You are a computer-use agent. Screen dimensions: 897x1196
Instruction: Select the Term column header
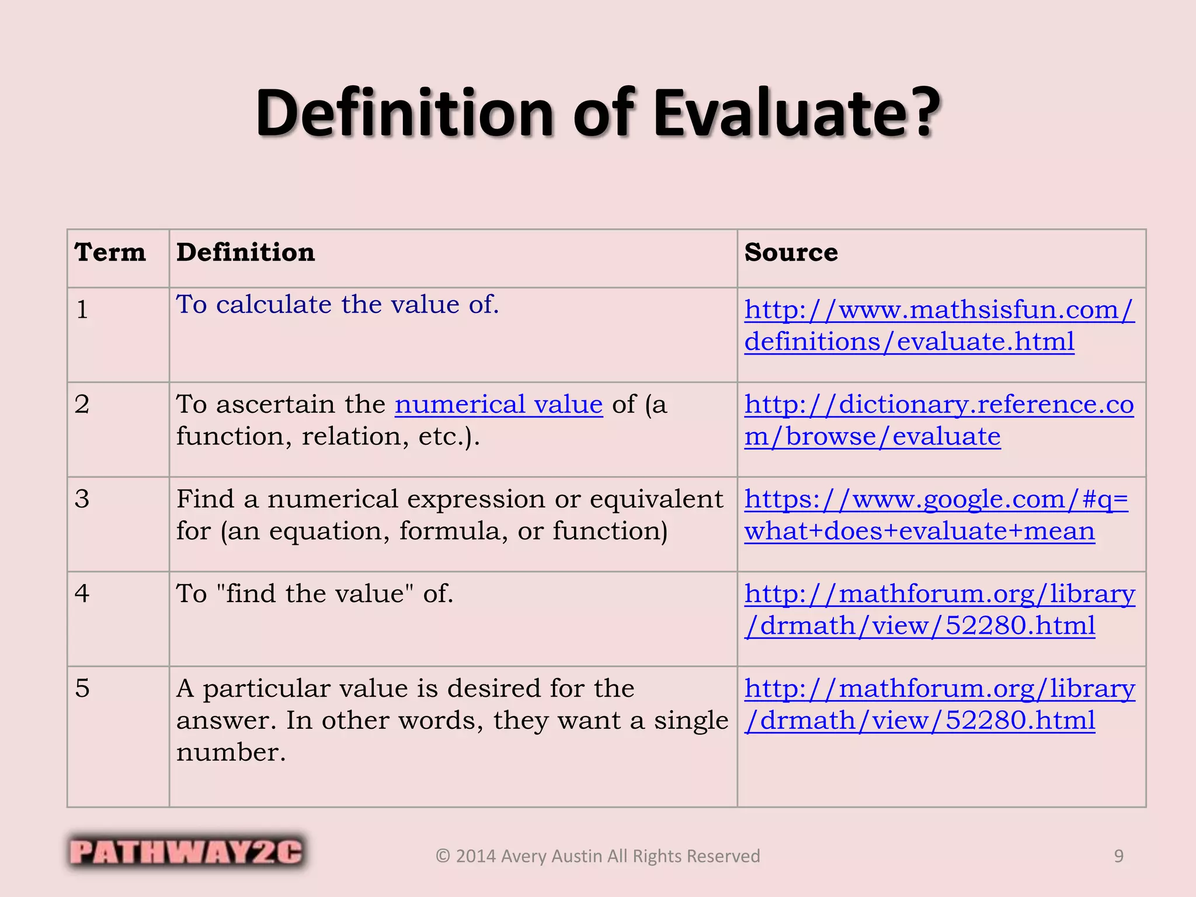coord(110,252)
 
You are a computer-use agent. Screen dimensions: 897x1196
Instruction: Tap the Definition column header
coord(245,252)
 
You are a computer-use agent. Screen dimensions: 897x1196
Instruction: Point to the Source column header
coord(791,252)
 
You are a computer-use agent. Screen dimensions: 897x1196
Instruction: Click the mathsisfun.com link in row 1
coord(939,325)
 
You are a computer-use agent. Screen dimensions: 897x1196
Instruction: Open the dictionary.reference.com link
coord(939,420)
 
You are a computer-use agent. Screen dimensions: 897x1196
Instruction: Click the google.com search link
coord(936,514)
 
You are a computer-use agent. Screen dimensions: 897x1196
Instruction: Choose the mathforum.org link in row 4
coord(940,609)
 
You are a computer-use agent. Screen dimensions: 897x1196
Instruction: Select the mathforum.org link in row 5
coord(940,704)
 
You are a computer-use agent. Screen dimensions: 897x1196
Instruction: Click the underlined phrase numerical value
coord(499,404)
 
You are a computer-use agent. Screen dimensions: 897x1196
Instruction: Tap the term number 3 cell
coord(82,499)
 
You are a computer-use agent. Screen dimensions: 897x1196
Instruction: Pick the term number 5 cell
coord(82,688)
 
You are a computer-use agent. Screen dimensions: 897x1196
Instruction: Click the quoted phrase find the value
coord(315,593)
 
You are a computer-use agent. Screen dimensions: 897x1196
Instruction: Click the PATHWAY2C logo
coord(186,851)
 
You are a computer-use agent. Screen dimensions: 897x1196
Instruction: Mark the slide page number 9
coord(1118,856)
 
